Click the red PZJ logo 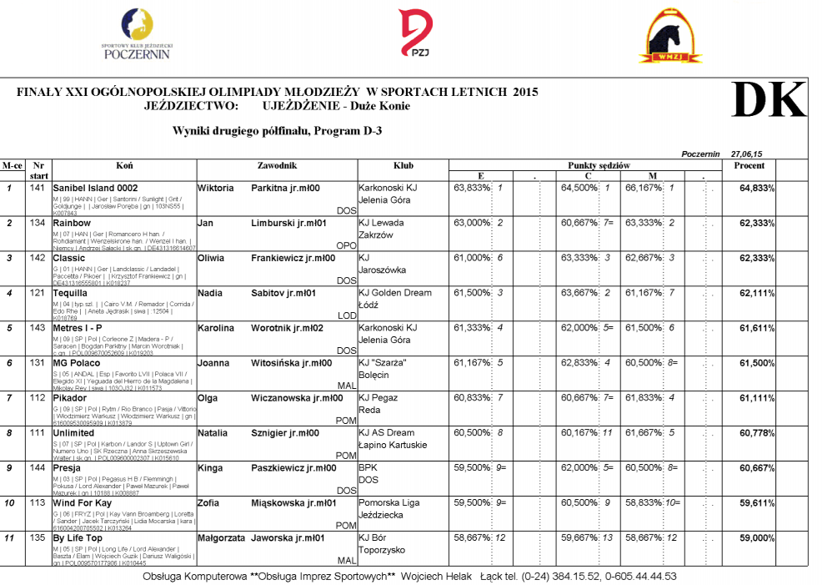(414, 33)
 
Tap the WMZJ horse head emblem (670, 36)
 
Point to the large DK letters (769, 101)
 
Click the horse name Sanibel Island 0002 (95, 189)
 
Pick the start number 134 (37, 224)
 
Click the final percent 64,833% (757, 189)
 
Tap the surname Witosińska (283, 364)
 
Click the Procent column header (749, 165)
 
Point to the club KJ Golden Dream (397, 294)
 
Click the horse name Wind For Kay (82, 504)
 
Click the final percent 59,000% (757, 539)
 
